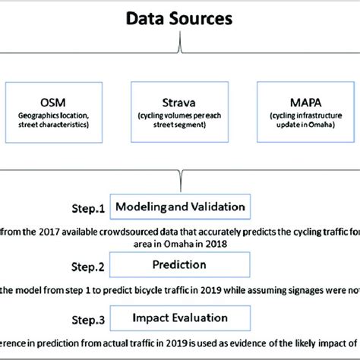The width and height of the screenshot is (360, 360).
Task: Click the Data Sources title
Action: (179, 17)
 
